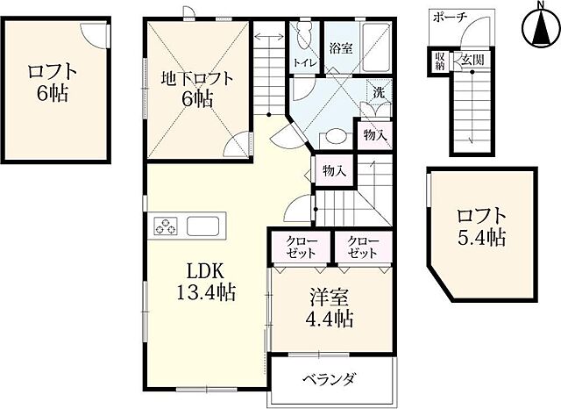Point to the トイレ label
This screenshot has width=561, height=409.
(x=304, y=62)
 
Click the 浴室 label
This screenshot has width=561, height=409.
(x=340, y=48)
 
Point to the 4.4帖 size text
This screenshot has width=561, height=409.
(x=328, y=319)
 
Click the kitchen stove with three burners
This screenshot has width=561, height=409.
(x=165, y=226)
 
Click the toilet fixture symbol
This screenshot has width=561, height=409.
(x=303, y=34)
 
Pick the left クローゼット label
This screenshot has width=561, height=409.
(x=298, y=247)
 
